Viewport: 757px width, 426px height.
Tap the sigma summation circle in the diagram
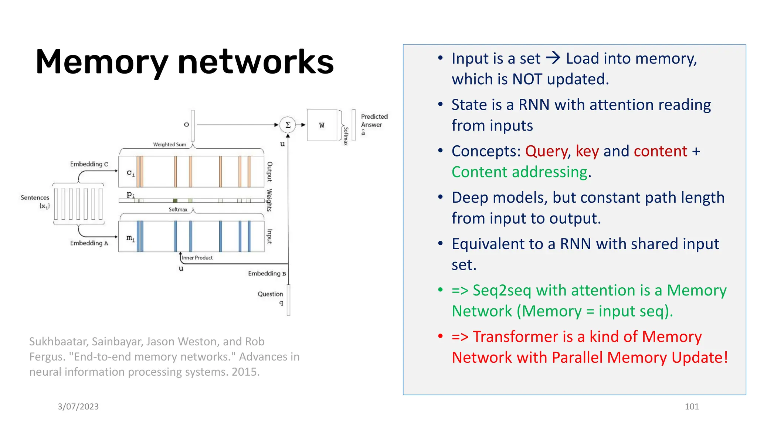click(x=288, y=125)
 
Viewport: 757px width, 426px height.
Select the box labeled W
click(x=322, y=125)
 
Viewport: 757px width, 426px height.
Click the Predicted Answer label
click(x=374, y=121)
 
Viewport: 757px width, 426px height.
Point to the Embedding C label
click(x=89, y=164)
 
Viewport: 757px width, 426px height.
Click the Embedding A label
click(x=89, y=243)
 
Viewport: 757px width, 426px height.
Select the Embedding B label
click(x=267, y=274)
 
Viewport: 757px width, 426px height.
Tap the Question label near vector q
click(x=270, y=294)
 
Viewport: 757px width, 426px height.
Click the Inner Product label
click(x=197, y=258)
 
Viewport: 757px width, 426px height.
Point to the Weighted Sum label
click(x=170, y=145)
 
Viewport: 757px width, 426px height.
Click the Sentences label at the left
click(x=35, y=198)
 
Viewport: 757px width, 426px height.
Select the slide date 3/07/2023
click(x=78, y=407)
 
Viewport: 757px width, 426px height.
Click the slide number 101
click(x=692, y=407)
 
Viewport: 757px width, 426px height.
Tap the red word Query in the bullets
click(x=546, y=152)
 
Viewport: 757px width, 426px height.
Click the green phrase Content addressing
click(x=519, y=172)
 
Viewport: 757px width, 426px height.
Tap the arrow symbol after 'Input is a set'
click(x=553, y=58)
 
